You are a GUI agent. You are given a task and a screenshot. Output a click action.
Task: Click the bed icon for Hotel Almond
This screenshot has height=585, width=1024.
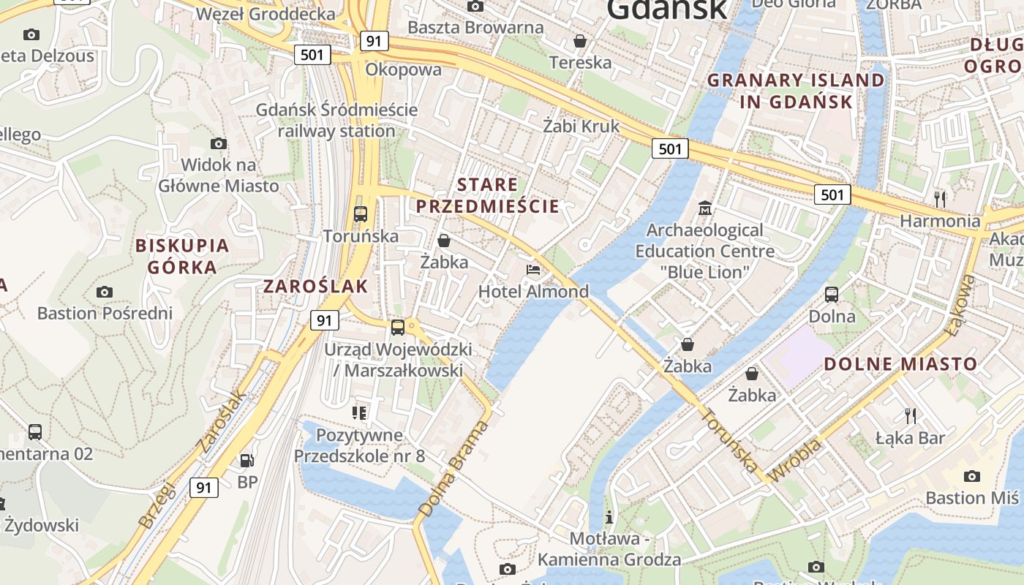coord(533,271)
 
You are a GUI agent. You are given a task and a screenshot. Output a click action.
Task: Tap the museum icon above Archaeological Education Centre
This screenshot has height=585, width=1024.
coord(704,208)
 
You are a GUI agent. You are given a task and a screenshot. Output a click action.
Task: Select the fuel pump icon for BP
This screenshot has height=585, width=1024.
coord(247,460)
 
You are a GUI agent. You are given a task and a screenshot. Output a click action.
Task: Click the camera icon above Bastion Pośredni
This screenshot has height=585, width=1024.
coord(105,292)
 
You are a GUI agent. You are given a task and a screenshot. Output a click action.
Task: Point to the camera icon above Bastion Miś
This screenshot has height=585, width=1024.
coord(971,476)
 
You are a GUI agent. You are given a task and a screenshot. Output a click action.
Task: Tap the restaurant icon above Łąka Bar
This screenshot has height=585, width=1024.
coord(910,416)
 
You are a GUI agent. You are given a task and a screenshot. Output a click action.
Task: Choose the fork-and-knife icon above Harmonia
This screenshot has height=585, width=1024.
coord(940,198)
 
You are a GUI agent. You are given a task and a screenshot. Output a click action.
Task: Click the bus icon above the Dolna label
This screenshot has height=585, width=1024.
coord(832,295)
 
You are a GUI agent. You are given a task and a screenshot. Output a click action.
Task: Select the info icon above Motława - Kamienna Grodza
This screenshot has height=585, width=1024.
coord(609,518)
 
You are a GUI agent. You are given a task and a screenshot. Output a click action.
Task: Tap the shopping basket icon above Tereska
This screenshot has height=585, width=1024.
coord(580,41)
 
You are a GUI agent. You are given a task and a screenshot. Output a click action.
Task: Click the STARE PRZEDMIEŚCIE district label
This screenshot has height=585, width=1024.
coord(488,195)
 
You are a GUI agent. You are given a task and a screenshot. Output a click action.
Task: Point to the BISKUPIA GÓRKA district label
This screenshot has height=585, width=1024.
coord(182,256)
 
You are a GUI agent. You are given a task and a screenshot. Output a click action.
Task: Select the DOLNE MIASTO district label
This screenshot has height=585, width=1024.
coord(900,363)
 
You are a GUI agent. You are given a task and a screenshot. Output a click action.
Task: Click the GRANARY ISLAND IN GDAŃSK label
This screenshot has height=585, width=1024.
coord(796,91)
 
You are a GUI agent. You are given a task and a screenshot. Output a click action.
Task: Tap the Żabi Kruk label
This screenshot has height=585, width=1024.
coord(581,126)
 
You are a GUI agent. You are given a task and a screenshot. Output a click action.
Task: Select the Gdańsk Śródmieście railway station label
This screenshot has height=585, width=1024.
coord(336,121)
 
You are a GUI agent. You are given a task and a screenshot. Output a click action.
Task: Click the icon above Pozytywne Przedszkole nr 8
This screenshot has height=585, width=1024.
coord(358,413)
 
